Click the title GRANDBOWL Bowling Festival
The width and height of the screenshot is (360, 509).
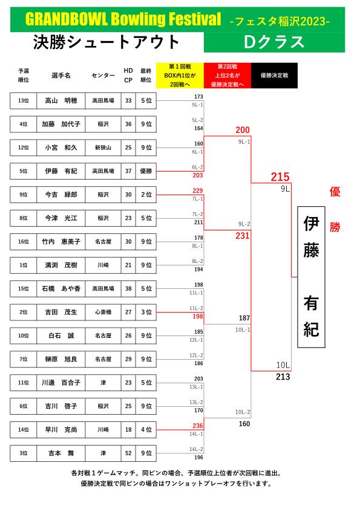123,19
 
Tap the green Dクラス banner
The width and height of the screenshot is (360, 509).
274,42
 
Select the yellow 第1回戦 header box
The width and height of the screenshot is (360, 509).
180,76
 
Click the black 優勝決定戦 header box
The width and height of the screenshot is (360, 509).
274,76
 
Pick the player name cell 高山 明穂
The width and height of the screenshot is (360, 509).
61,100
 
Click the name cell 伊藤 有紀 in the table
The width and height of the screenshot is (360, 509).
61,171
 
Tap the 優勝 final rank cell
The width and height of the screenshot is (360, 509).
146,171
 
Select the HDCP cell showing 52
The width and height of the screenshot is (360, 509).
128,453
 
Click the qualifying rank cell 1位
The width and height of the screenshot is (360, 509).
24,265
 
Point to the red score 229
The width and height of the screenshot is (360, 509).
197,190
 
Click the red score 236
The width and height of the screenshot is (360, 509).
197,426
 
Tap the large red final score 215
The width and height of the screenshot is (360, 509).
280,177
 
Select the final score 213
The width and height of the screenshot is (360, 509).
283,377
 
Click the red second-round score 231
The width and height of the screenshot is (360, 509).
243,236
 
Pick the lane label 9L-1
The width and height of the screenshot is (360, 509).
244,142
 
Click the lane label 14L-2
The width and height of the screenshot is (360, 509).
196,449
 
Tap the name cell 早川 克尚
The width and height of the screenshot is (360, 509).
61,430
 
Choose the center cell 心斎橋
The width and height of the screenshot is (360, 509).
103,313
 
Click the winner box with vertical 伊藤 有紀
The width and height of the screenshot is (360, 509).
311,277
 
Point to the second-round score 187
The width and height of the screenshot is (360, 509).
244,318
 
